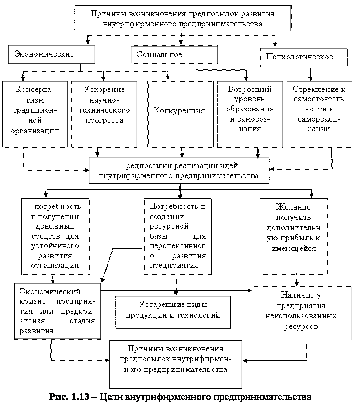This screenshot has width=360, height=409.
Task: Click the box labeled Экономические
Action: (52, 54)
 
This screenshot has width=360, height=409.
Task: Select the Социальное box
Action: (174, 54)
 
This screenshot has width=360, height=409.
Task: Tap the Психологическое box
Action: (303, 57)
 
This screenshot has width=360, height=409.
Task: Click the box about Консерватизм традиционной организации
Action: (35, 114)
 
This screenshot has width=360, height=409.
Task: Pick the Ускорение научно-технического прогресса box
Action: (104, 114)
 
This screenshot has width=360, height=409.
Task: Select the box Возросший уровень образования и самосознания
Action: (250, 114)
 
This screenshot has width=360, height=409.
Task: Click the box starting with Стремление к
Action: (319, 114)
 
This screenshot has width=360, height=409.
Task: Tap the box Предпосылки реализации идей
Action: (179, 170)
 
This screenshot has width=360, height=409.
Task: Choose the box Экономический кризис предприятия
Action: (57, 311)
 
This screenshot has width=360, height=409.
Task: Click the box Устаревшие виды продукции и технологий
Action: (173, 310)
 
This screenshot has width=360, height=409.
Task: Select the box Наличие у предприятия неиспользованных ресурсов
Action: (301, 314)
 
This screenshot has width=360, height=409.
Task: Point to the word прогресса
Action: (104, 120)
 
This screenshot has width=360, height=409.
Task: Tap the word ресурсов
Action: (301, 327)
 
